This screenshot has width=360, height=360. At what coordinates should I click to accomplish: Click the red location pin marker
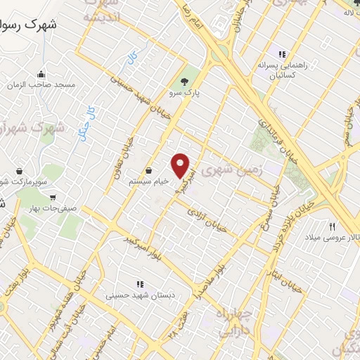click(182, 165)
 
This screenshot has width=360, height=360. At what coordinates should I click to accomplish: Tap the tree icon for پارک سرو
click(185, 80)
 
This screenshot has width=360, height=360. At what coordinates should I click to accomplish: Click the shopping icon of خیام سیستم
click(149, 170)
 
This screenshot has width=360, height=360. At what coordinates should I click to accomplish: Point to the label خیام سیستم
click(149, 181)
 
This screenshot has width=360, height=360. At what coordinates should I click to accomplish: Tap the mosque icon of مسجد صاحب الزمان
click(42, 74)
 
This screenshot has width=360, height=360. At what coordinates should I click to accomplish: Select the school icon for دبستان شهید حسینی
click(140, 285)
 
